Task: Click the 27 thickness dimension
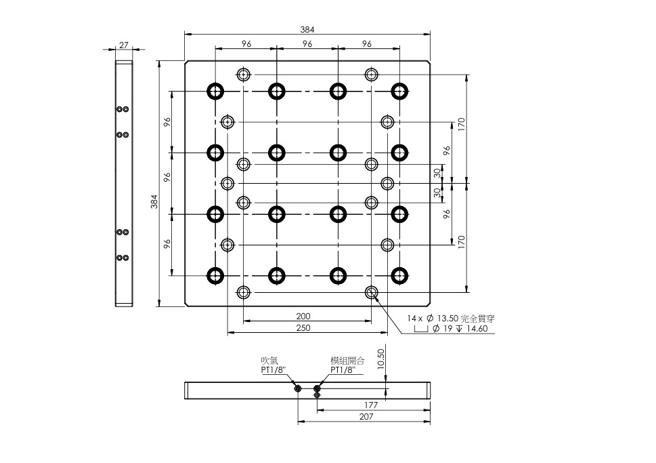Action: (x=124, y=45)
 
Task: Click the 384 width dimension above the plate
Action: (x=307, y=29)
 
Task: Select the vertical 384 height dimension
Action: (x=154, y=201)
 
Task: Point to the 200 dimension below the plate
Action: (x=304, y=316)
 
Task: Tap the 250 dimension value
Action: (x=304, y=327)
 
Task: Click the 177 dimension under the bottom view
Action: (x=372, y=405)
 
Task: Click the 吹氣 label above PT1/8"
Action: (x=269, y=361)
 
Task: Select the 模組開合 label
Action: (x=347, y=361)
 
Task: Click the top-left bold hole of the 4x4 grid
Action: (x=215, y=91)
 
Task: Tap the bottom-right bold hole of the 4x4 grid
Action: (x=399, y=275)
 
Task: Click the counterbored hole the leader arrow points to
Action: (x=371, y=292)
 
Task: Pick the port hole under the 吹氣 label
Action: (x=298, y=388)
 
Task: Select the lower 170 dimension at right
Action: (x=460, y=241)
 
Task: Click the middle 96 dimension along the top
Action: (x=307, y=43)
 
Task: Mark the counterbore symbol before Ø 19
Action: (x=421, y=329)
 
